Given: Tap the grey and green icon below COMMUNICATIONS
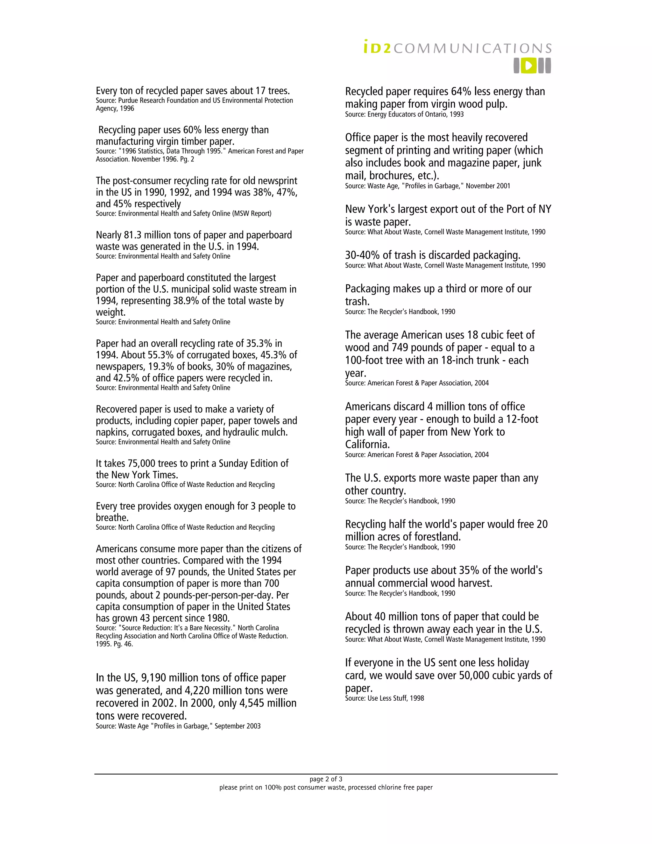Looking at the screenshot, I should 532,66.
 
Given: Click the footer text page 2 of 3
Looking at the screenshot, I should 326,779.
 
